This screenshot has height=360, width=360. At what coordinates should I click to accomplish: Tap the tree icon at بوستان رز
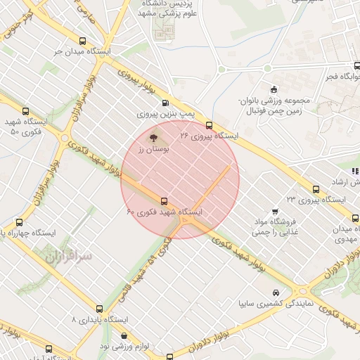point(154,137)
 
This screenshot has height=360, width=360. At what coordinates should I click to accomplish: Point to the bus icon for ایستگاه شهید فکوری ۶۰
point(165,200)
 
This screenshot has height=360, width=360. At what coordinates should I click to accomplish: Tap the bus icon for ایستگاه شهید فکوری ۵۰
point(26,111)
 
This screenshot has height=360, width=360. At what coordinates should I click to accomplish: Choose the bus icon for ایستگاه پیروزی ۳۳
point(316,189)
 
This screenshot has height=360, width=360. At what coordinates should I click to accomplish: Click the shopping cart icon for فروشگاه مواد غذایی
point(273,210)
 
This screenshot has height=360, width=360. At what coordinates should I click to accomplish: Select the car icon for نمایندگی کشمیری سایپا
point(274,292)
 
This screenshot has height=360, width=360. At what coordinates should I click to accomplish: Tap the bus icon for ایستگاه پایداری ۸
point(99,309)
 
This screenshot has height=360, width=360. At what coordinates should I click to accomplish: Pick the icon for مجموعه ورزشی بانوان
point(273,89)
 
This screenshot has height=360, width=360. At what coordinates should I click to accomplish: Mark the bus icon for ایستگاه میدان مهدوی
point(355,218)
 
